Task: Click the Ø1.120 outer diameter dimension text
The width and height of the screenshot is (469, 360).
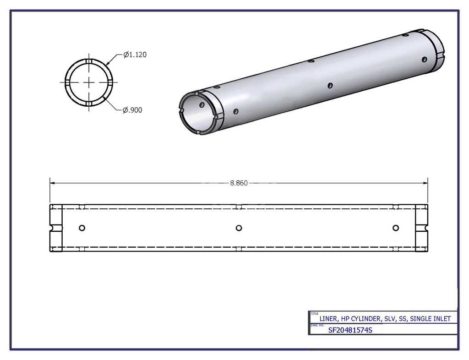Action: (135, 55)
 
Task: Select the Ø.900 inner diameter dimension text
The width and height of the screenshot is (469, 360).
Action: (132, 110)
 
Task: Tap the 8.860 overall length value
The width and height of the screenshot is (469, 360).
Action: (239, 183)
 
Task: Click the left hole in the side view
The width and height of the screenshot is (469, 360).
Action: (82, 228)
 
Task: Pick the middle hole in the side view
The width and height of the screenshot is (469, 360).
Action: (238, 228)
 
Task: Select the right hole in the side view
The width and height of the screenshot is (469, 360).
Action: (396, 228)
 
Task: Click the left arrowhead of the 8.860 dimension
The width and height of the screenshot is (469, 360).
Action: (52, 183)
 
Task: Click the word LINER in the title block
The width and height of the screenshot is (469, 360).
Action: (328, 319)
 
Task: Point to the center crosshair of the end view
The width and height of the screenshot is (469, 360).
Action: (88, 82)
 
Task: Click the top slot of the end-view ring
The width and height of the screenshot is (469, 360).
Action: (88, 62)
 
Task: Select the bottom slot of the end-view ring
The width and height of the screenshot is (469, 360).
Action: (88, 103)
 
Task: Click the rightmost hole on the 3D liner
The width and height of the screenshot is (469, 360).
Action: (425, 59)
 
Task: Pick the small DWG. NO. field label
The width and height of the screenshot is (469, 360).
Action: (317, 325)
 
